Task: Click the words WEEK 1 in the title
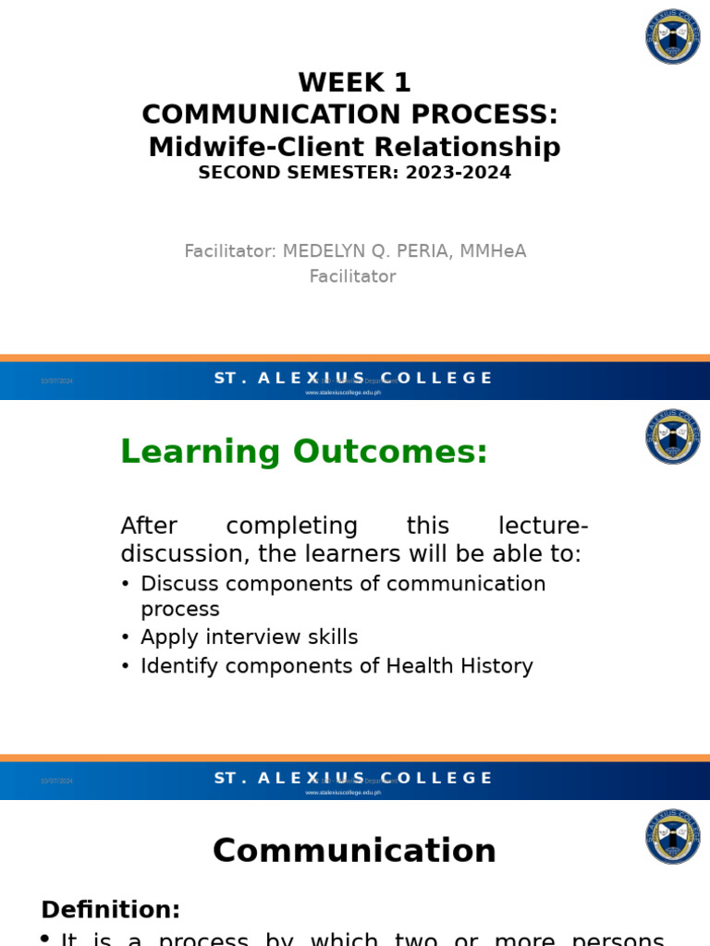(x=354, y=83)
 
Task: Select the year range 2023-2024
(x=458, y=173)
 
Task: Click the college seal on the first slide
(x=672, y=37)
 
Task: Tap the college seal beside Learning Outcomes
(x=672, y=437)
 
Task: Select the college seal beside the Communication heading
(x=672, y=837)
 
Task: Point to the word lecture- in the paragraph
(x=543, y=527)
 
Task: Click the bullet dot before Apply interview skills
(x=126, y=638)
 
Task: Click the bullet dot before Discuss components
(x=126, y=585)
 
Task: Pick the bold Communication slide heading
(x=354, y=851)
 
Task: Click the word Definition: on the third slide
(x=110, y=910)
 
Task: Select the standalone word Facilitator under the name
(x=352, y=276)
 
